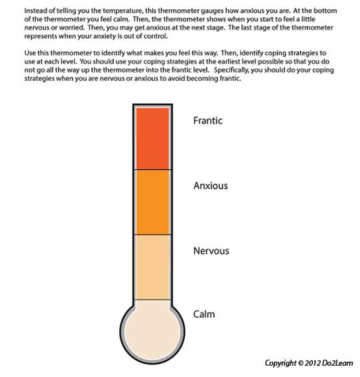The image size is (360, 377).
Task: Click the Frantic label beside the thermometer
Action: [x=207, y=121]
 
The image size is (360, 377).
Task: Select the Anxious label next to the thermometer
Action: [x=210, y=186]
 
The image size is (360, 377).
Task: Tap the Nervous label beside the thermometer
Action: [x=211, y=251]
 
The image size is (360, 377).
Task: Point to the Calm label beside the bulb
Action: [x=204, y=314]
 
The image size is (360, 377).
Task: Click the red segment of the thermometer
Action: [x=152, y=139]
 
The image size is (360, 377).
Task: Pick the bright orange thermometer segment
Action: [x=152, y=202]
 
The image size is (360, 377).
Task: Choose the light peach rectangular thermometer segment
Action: [x=152, y=266]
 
